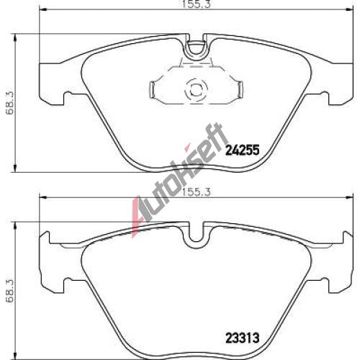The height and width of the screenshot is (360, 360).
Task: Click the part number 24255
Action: [x=243, y=150]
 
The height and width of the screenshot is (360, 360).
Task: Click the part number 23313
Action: [x=243, y=338]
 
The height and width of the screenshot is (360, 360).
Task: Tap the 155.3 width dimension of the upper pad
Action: [x=197, y=4]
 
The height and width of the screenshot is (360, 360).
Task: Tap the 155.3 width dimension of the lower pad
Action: [x=197, y=192]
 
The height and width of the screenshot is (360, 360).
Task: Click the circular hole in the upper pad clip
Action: [x=196, y=91]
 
